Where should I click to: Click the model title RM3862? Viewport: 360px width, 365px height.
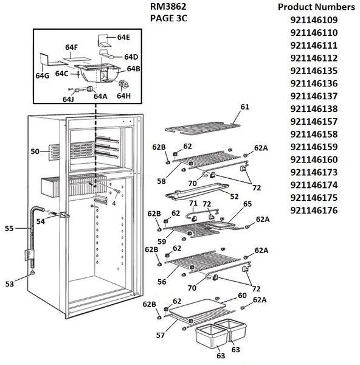[x=168, y=7]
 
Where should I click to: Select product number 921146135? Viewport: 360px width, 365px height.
[x=314, y=71]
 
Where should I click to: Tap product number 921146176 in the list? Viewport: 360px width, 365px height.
[x=314, y=210]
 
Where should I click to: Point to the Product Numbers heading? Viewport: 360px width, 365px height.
[x=316, y=7]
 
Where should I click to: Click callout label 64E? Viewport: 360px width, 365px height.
[x=123, y=37]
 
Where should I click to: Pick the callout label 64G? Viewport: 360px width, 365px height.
[x=43, y=75]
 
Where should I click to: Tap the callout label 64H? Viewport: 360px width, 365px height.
[x=124, y=96]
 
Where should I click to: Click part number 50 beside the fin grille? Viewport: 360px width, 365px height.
[x=35, y=151]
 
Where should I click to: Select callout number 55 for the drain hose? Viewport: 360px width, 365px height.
[x=9, y=228]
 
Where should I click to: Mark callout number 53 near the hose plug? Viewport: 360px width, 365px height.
[x=10, y=284]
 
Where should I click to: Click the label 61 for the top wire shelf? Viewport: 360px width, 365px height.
[x=245, y=107]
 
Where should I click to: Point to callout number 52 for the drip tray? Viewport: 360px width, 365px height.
[x=234, y=196]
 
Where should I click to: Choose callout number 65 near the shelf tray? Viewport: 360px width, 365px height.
[x=247, y=204]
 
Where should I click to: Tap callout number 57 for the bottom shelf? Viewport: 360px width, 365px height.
[x=161, y=335]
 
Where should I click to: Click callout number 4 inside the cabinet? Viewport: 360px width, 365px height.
[x=114, y=203]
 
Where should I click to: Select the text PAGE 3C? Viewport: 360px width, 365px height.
[x=168, y=18]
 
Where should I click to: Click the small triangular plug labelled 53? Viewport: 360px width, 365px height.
[x=33, y=272]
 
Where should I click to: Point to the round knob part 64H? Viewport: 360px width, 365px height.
[x=123, y=85]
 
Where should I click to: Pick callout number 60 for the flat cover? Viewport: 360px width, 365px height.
[x=242, y=295]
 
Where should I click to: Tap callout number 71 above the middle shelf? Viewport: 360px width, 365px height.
[x=193, y=203]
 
